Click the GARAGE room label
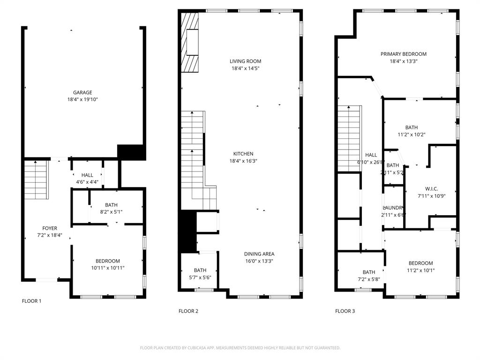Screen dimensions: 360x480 click(82, 92)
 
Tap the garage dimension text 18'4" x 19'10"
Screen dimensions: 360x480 click(82, 99)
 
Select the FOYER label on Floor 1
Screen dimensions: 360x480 click(50, 228)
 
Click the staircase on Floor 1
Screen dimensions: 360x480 click(37, 180)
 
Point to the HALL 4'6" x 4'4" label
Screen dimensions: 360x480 click(87, 179)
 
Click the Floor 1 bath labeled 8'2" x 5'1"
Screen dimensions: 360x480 click(111, 208)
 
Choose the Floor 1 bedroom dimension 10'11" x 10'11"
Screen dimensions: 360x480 click(108, 268)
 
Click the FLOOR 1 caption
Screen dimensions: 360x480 click(32, 301)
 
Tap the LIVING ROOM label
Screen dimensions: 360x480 click(245, 61)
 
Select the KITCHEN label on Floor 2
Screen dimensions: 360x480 click(243, 154)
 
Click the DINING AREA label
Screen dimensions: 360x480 click(259, 254)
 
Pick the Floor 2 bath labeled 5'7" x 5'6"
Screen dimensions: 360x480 click(200, 273)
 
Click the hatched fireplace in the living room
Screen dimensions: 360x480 click(191, 42)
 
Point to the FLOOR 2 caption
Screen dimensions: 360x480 click(188, 311)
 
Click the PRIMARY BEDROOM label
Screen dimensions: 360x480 click(403, 54)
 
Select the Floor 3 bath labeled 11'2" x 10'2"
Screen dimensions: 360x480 click(412, 131)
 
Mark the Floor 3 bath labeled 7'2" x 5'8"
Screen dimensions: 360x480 click(369, 276)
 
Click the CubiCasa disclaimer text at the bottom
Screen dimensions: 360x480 click(240, 348)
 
